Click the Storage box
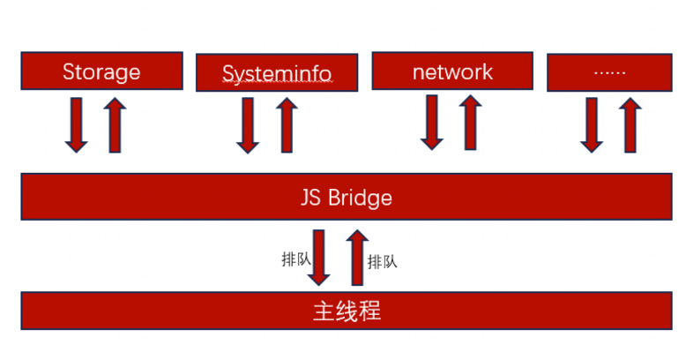(x=101, y=71)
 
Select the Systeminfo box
(x=277, y=72)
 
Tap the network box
(x=452, y=71)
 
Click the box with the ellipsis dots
(x=608, y=71)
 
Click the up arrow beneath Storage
(x=116, y=124)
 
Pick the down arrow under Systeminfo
(x=249, y=124)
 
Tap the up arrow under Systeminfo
(x=287, y=124)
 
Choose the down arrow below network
(x=431, y=122)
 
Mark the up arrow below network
(x=471, y=122)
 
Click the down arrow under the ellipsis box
(x=592, y=124)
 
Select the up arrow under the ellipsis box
(x=630, y=124)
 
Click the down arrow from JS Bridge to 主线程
(x=319, y=256)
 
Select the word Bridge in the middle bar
(x=360, y=197)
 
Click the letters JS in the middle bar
(x=311, y=197)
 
